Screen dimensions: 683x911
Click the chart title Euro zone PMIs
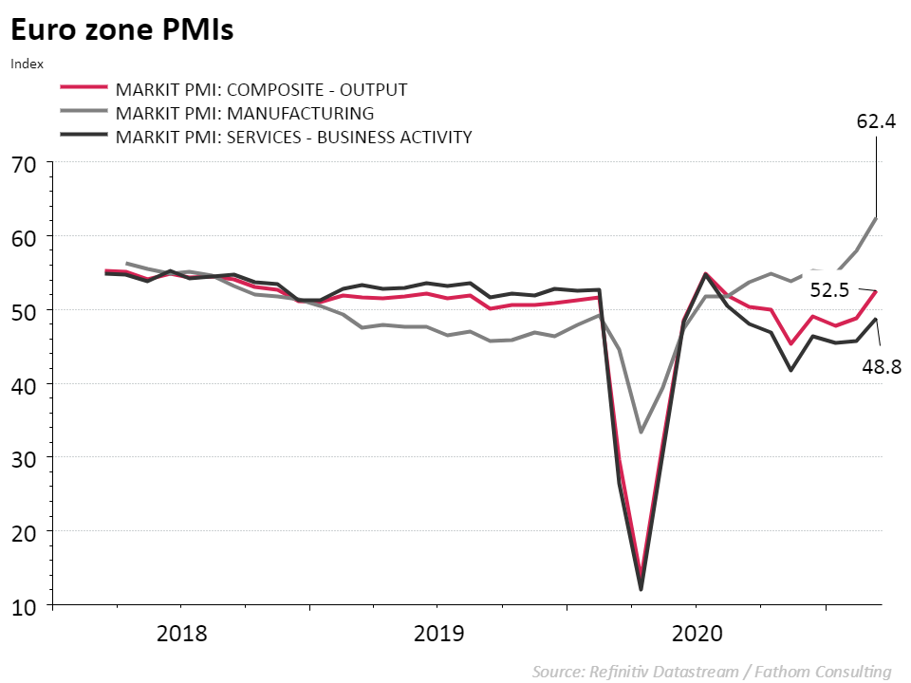pos(122,30)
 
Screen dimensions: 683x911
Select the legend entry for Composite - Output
pos(261,90)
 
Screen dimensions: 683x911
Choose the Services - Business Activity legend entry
pos(293,137)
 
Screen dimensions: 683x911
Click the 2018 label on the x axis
pos(181,633)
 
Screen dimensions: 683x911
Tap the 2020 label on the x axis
pos(697,633)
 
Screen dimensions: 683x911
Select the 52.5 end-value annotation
pos(828,290)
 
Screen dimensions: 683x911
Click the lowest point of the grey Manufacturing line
pos(641,432)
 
